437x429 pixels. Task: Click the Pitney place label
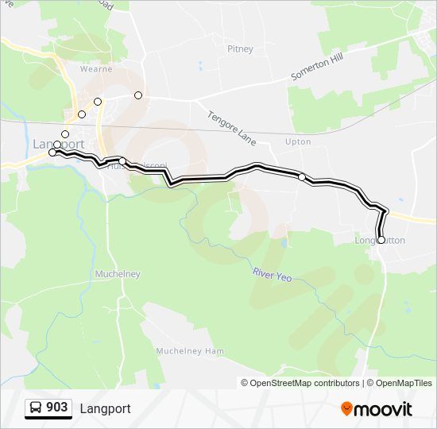[x=240, y=49]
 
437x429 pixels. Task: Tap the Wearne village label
[x=95, y=69]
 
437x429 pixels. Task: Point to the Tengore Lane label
[x=231, y=127]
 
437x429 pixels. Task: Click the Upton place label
[x=298, y=141]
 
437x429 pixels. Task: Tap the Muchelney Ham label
[x=190, y=351]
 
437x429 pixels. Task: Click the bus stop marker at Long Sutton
[x=381, y=240]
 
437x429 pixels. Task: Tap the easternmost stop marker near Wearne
[x=138, y=95]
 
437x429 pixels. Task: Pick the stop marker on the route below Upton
[x=302, y=176]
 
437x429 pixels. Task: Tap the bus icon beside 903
[x=36, y=408]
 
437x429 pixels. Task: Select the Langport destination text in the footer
[x=105, y=408]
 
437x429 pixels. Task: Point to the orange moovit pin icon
[x=347, y=409]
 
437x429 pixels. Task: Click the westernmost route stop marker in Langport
[x=52, y=152]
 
